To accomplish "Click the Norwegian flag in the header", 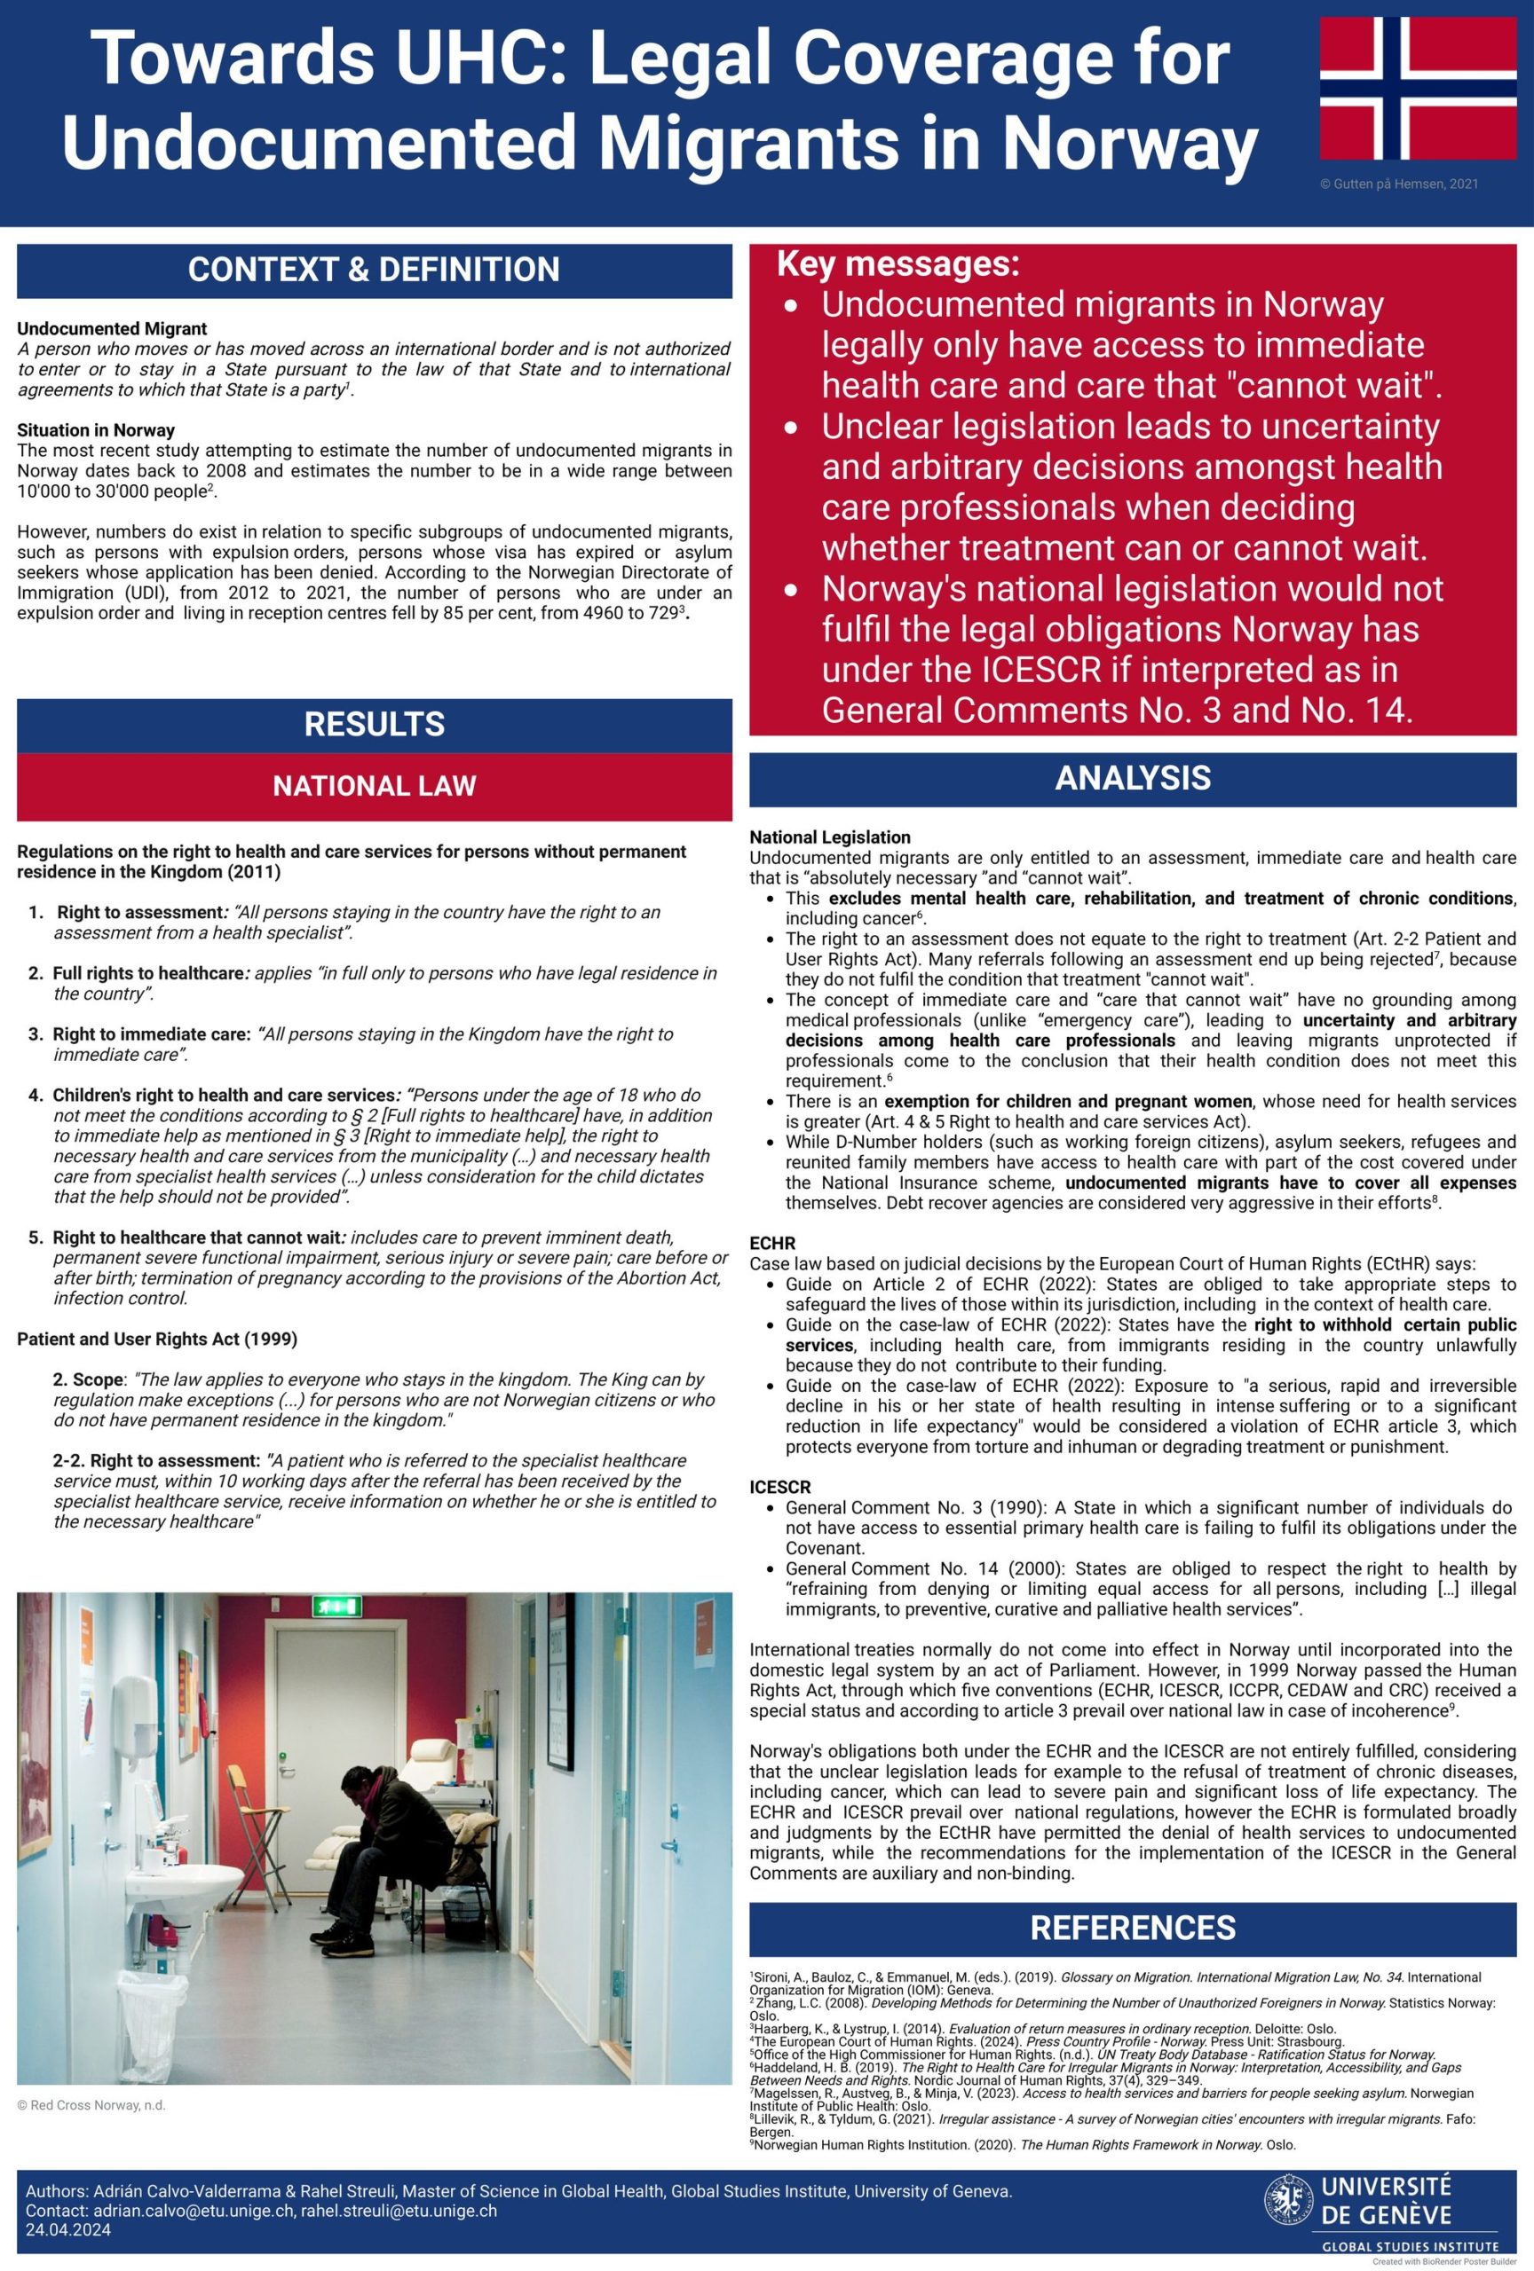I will coord(1418,88).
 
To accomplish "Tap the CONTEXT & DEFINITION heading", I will coord(374,270).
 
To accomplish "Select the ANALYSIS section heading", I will coord(1132,778).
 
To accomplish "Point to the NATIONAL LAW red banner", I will coord(374,786).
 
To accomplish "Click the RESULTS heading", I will coord(374,724).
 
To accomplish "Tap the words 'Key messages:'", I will coord(897,263).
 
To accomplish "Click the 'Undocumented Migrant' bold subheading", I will coord(112,328).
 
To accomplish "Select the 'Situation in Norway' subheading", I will coord(96,430).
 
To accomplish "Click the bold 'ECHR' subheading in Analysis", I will coord(772,1243).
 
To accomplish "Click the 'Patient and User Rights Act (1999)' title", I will coord(156,1339).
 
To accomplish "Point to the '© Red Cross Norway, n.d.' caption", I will coord(91,2105).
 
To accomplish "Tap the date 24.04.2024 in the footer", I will coord(67,2230).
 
